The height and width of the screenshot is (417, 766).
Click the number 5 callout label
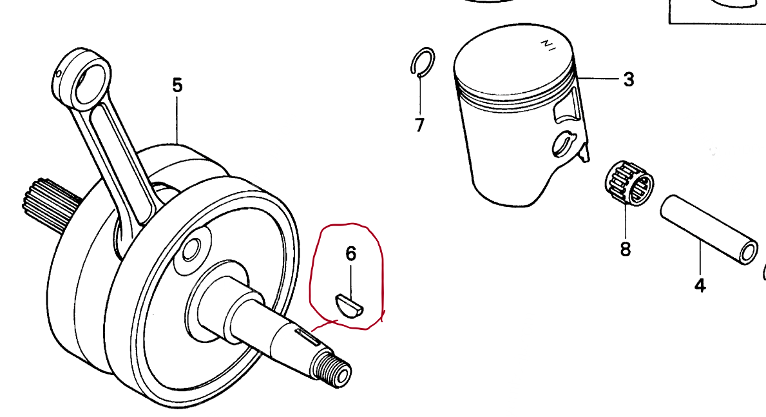[x=177, y=85]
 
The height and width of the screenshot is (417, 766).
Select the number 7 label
[x=419, y=124]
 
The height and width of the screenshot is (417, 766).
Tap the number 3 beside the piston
[x=628, y=80]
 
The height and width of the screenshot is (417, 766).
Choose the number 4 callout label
[x=700, y=285]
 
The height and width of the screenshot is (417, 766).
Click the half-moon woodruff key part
[x=350, y=305]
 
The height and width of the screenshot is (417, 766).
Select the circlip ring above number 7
[x=422, y=63]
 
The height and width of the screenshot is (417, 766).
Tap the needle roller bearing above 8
[x=629, y=182]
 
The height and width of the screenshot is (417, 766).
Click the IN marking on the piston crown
[x=548, y=45]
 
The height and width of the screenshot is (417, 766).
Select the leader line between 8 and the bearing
[x=625, y=219]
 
